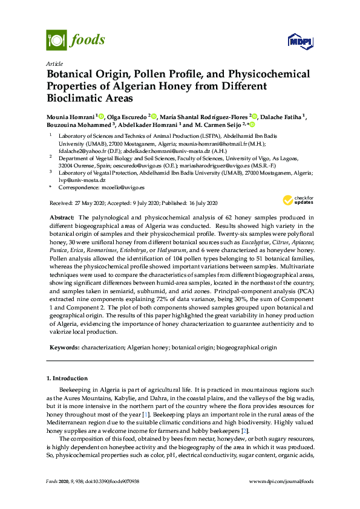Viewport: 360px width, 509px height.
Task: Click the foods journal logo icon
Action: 56,41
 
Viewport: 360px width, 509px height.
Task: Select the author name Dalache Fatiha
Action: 281,116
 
